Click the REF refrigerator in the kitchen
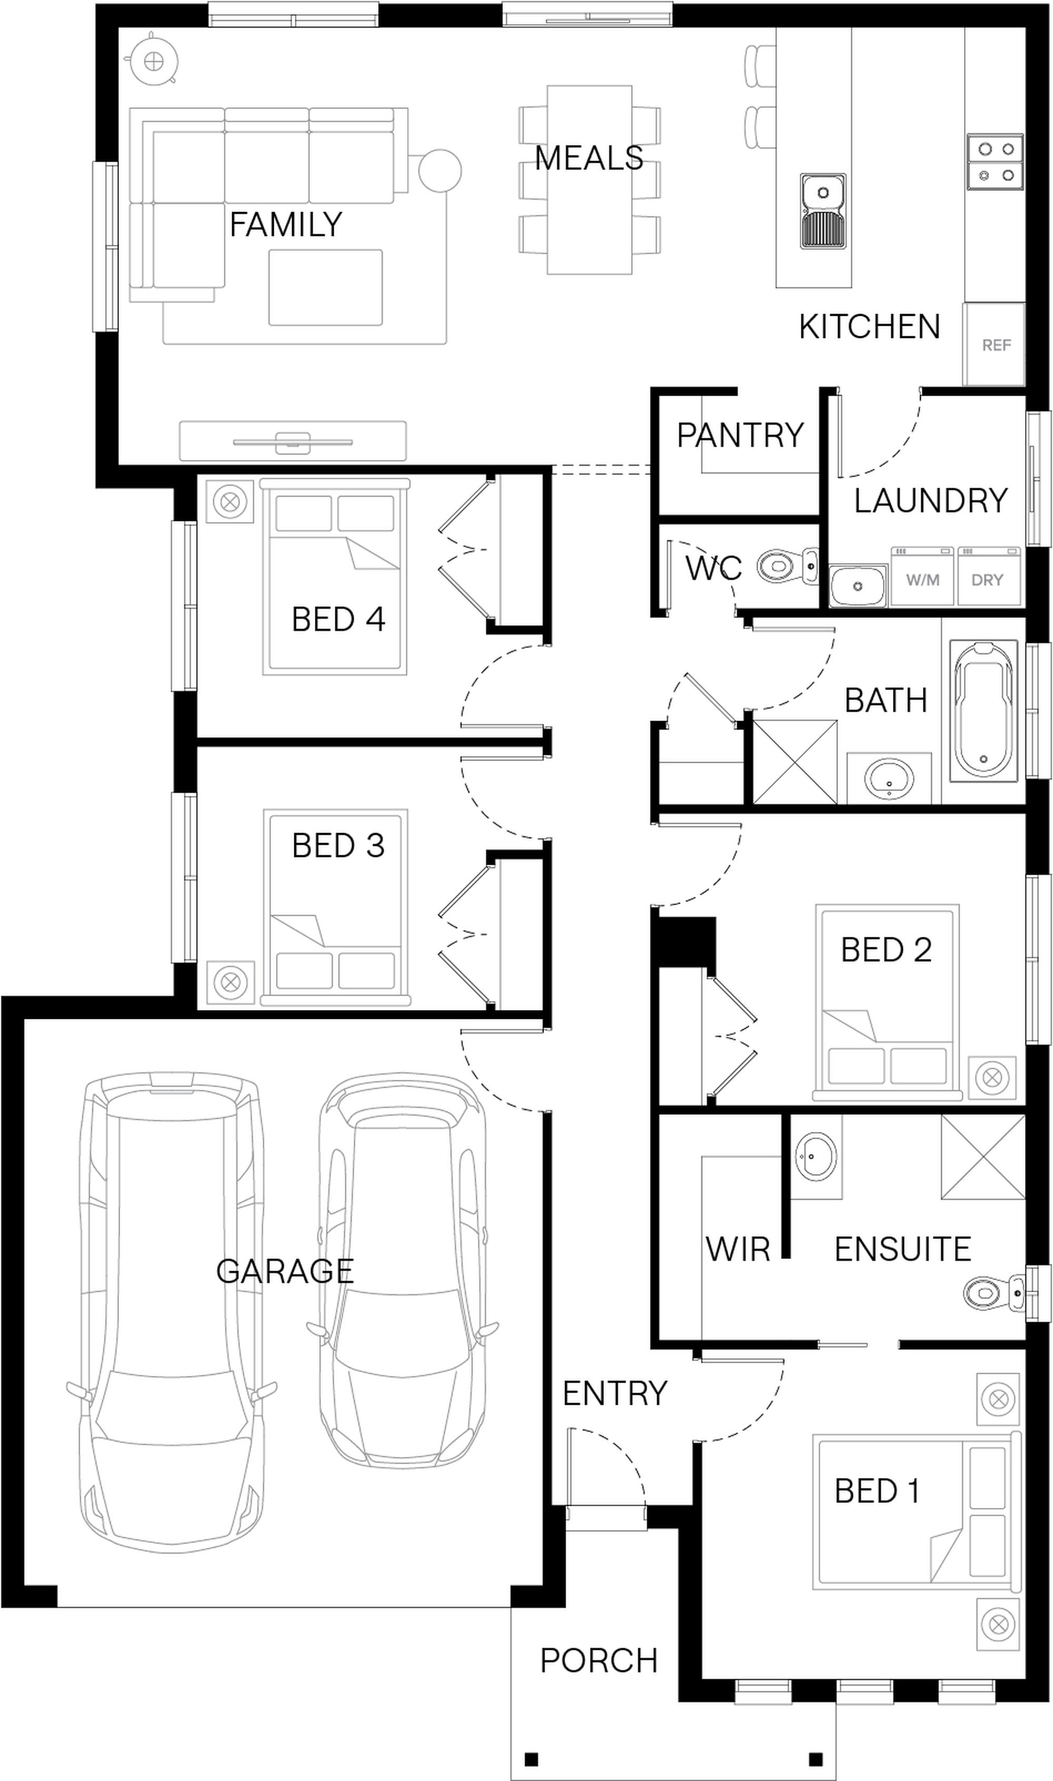[994, 345]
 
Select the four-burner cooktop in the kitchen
[995, 162]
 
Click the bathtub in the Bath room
[984, 709]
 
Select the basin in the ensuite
[816, 1157]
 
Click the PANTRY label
[740, 435]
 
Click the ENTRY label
[614, 1394]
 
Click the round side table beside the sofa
[440, 170]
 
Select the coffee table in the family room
[325, 287]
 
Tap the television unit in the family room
[292, 441]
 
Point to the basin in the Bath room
[888, 778]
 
